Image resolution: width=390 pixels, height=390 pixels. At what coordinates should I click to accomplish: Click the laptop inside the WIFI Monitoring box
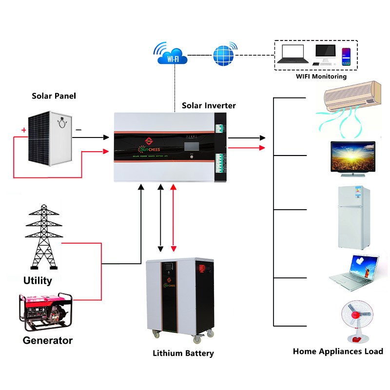coord(291,54)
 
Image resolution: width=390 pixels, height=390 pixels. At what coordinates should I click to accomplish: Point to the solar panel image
coord(50,138)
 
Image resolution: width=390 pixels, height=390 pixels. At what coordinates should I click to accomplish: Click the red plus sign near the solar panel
coord(23,130)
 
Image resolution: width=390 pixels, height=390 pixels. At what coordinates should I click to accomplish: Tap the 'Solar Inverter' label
coord(209,105)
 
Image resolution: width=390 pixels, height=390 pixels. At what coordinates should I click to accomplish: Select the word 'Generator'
coord(48,340)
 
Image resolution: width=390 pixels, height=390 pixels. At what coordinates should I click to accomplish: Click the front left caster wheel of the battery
coord(157,334)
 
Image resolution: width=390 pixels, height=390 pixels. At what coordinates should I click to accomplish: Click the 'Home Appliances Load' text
coord(338,351)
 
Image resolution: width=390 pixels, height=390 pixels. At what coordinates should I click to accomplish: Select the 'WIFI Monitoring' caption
coord(321,77)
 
